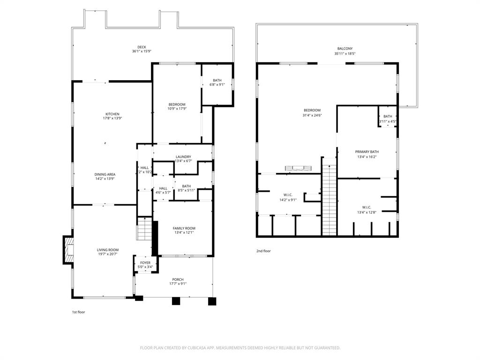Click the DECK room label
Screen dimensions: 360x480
142,47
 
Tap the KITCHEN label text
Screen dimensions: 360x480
112,114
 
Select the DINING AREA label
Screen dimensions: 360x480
105,174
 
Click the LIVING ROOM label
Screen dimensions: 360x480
107,250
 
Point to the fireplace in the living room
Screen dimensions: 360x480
68,250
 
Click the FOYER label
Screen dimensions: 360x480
145,262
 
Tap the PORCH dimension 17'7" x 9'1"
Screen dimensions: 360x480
178,284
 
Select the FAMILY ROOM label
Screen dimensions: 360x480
184,228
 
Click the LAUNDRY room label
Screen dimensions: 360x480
183,157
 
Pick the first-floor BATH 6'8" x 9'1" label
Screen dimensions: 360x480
217,80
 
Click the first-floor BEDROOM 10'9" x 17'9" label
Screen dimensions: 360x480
177,105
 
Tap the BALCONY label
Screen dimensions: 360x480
345,49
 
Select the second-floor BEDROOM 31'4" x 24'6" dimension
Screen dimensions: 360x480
312,115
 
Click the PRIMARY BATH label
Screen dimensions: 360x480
367,152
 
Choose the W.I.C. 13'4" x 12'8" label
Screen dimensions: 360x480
367,207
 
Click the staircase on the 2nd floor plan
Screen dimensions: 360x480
330,199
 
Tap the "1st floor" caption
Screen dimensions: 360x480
78,312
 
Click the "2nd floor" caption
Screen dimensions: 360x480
263,251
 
